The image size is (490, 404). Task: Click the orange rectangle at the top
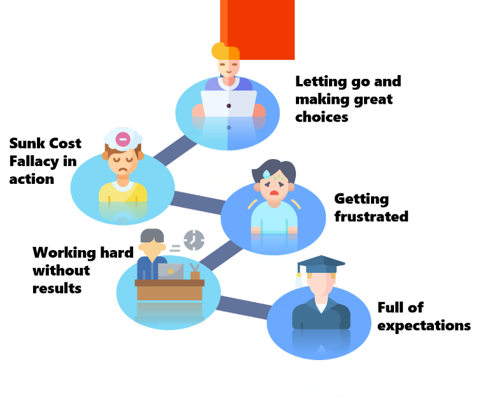pos(258,29)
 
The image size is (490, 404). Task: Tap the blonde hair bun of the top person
pos(218,50)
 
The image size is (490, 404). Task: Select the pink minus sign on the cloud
pos(123,139)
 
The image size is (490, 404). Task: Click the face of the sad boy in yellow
pos(122,162)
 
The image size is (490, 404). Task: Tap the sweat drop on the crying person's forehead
pos(266,174)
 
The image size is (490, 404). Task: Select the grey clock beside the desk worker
pos(194,240)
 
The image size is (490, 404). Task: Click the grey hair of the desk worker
pos(151,235)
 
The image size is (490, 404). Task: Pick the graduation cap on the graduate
pos(321,263)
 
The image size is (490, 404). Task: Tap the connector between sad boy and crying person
pos(198,201)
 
